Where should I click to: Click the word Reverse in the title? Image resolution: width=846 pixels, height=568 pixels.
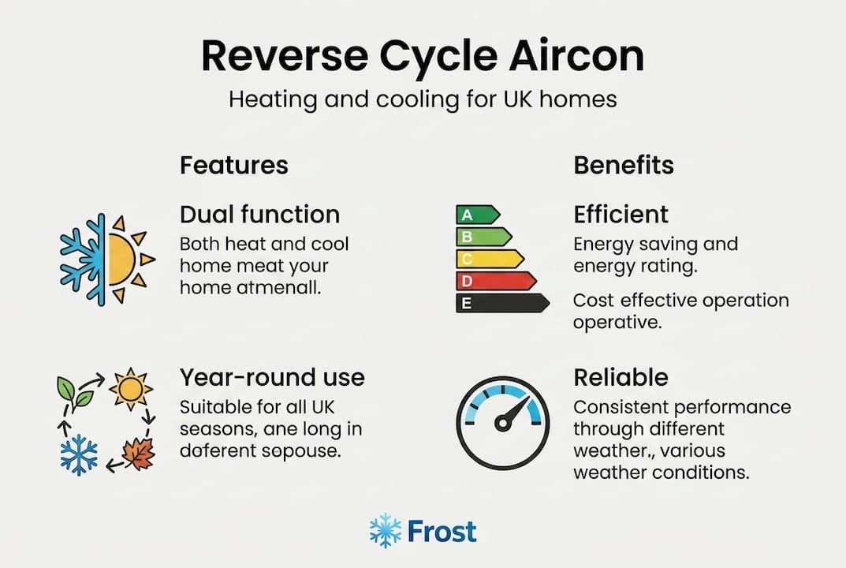pos(285,55)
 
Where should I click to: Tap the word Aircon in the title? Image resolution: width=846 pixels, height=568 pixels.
pos(576,55)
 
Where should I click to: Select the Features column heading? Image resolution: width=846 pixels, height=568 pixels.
pos(234,165)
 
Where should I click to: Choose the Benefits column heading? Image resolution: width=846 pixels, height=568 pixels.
pos(624,165)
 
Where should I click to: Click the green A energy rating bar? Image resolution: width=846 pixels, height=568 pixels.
pos(478,215)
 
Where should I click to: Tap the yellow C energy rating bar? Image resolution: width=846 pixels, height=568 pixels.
pos(490,259)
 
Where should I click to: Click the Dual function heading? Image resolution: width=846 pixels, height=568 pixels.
pos(259,215)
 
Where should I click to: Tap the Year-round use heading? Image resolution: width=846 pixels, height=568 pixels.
pos(273,377)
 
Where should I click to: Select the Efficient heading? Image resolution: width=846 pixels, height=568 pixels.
pos(621,215)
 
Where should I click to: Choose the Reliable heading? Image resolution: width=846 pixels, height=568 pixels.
pos(621,377)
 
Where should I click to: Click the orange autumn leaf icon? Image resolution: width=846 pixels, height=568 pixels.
pos(140,454)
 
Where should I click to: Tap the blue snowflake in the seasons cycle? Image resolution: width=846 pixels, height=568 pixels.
pos(79,454)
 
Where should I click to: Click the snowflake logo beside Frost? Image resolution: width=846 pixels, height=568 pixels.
pos(386,531)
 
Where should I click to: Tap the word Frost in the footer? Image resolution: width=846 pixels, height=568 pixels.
pos(442,531)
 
